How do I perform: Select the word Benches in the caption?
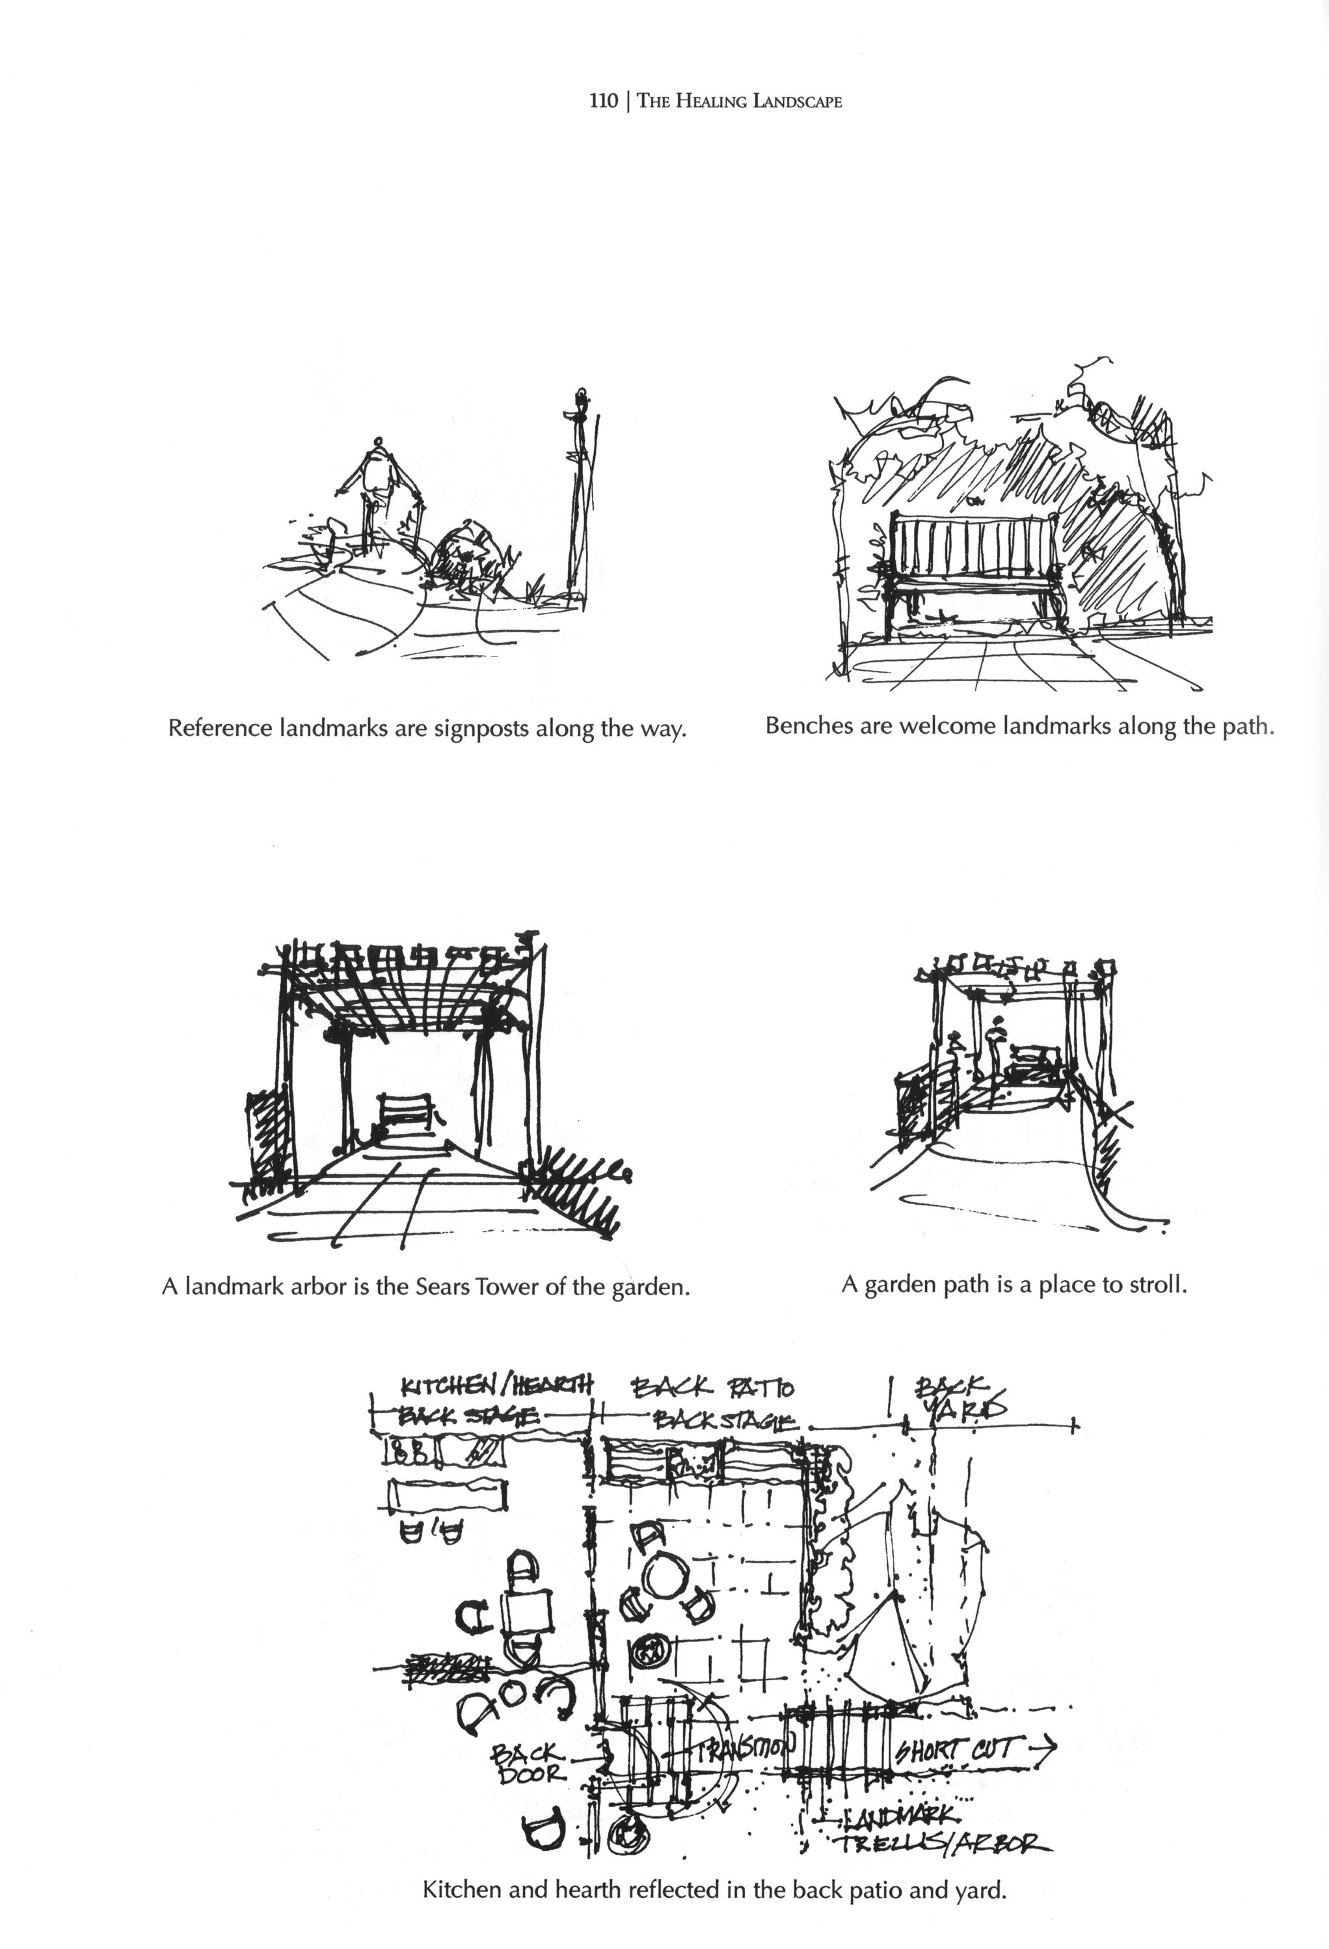click(805, 725)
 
